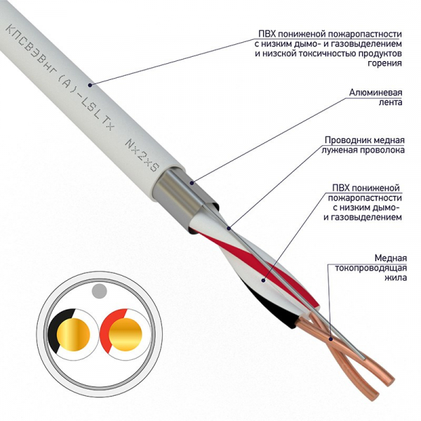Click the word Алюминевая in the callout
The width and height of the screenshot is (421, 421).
pos(375,92)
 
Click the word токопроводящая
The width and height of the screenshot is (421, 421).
pos(368,267)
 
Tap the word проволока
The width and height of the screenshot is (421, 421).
pos(381,149)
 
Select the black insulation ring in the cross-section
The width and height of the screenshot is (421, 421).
pos(56,329)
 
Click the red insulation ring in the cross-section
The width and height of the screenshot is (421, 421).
pos(107,328)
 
